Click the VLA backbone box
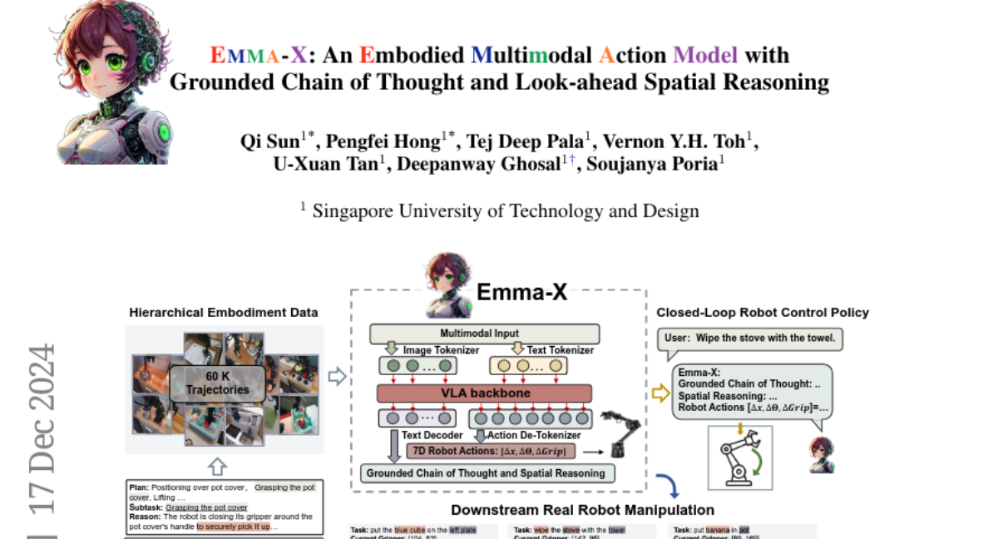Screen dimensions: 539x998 484,393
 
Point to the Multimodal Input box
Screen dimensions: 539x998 483,334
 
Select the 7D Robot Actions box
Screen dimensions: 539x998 491,452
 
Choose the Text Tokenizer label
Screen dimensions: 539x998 555,350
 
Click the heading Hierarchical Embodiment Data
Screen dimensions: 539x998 223,313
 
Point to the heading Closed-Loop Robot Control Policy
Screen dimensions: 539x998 763,313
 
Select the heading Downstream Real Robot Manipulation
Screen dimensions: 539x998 582,509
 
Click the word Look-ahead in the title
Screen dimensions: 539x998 600,82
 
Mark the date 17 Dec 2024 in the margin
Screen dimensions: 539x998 42,428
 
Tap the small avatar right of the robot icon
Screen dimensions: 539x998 822,455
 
